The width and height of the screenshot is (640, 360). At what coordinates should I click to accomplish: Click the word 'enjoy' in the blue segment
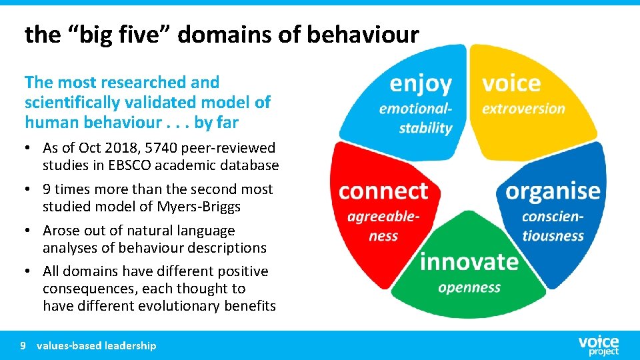[x=420, y=84]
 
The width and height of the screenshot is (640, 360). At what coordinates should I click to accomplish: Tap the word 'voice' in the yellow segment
[x=511, y=84]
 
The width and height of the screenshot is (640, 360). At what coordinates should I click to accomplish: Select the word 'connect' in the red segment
[x=383, y=191]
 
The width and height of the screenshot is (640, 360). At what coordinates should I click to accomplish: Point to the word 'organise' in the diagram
[x=553, y=191]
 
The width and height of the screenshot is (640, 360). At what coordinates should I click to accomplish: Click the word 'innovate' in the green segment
[x=469, y=261]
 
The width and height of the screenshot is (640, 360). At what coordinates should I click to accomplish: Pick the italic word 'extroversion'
[x=523, y=109]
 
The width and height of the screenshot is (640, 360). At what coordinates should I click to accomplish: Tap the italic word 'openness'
[x=469, y=288]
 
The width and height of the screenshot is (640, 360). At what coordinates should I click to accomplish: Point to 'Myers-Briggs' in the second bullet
[x=199, y=207]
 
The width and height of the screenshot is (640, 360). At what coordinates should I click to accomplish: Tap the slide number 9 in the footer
[x=23, y=345]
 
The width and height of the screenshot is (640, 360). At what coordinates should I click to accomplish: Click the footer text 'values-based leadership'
[x=97, y=345]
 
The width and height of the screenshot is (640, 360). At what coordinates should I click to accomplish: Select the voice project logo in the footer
[x=598, y=345]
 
